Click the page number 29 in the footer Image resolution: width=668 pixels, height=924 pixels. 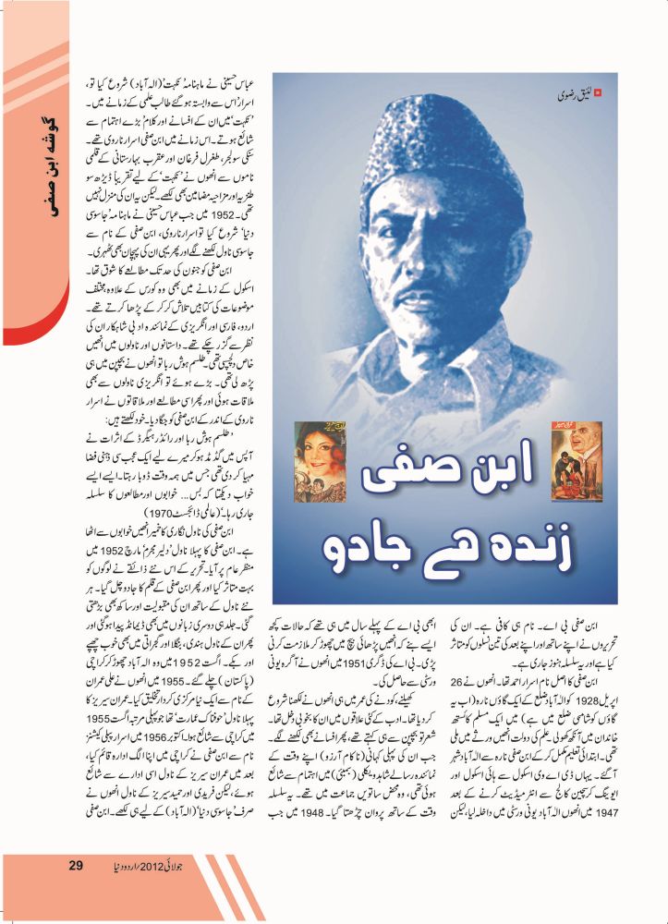(78, 891)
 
